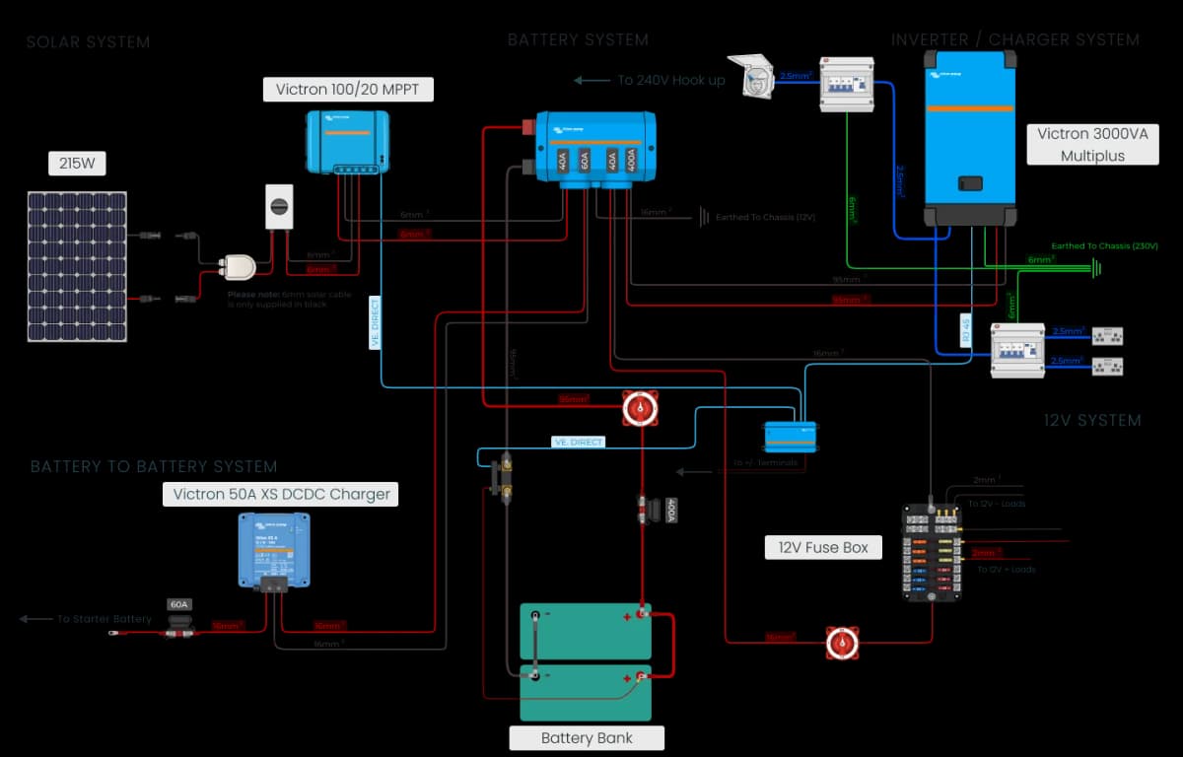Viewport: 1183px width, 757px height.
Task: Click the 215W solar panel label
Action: [77, 164]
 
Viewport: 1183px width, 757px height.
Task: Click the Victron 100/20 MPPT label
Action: [348, 90]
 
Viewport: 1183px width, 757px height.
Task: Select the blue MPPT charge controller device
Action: [345, 142]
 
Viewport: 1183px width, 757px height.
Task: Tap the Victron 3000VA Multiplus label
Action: [1092, 145]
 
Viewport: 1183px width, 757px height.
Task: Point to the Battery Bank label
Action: [587, 737]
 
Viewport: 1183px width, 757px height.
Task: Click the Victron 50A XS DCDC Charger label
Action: [281, 494]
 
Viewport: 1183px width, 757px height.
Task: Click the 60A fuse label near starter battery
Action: [178, 604]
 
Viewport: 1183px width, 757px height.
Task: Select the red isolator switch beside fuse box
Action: [843, 643]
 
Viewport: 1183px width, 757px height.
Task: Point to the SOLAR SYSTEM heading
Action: [88, 42]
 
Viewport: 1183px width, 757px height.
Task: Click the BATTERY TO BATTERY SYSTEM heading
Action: [154, 466]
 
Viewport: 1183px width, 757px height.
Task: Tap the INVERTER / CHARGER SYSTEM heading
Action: [1014, 40]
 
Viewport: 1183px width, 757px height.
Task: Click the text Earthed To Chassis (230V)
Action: [1104, 245]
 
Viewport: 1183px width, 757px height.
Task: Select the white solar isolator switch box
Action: [279, 206]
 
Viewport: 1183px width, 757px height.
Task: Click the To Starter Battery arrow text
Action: [104, 619]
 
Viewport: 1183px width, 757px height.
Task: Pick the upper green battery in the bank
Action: [586, 631]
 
